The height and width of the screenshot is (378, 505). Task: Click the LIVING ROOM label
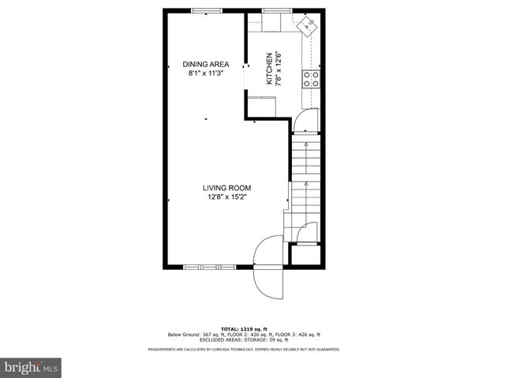point(227,187)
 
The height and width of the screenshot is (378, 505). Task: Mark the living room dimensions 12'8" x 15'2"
point(227,196)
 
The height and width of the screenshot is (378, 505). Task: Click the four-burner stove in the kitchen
point(311,77)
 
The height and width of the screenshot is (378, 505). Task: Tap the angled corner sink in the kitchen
point(306,27)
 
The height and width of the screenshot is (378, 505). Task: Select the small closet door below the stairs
point(308,232)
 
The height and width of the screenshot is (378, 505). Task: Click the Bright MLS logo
point(32,367)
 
